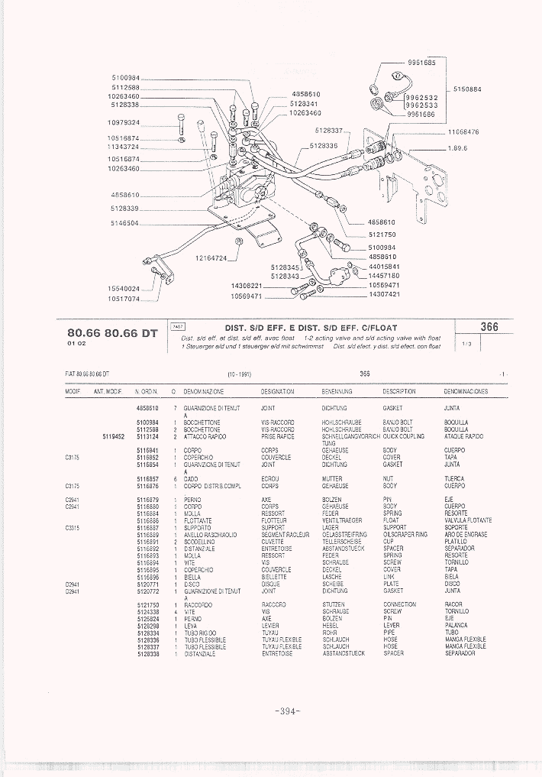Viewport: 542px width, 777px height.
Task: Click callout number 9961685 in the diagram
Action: pos(421,62)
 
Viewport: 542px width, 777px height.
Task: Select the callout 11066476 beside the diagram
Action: pos(463,132)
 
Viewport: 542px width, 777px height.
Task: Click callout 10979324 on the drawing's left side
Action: pos(123,123)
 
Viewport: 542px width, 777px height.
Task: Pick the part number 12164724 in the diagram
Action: pos(211,258)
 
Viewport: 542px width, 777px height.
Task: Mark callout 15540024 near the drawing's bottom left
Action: pos(123,289)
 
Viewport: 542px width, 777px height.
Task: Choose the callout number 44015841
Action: pos(385,267)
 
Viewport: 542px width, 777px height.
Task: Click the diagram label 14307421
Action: pos(384,294)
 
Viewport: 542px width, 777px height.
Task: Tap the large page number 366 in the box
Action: pos(489,327)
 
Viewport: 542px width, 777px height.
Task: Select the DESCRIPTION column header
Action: pos(398,392)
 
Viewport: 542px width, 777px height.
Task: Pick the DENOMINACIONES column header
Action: pos(466,392)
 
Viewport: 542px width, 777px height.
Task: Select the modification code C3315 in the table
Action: pos(73,528)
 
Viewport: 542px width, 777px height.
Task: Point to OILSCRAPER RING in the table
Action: pos(405,535)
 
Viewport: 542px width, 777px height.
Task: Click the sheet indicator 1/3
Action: pos(467,345)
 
